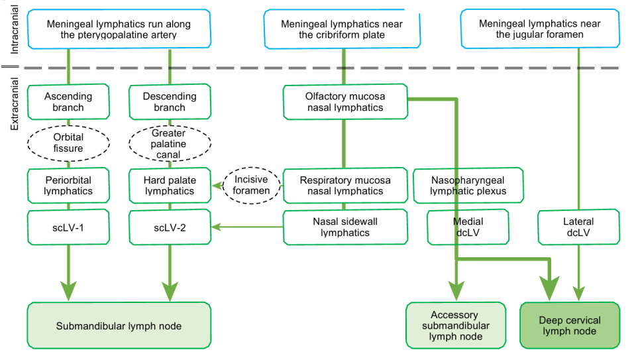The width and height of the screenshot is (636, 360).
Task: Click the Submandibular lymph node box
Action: [119, 326]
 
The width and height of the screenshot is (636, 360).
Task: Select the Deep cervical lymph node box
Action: [568, 326]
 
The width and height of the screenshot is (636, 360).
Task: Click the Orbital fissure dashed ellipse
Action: [68, 143]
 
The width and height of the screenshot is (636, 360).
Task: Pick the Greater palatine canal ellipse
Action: [170, 143]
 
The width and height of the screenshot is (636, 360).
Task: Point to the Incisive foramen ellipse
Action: [252, 185]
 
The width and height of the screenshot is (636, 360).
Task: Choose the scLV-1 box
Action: [68, 227]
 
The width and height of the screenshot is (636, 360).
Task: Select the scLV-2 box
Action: [170, 227]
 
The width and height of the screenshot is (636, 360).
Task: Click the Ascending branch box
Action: [68, 101]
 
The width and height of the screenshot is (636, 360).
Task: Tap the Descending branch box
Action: [170, 101]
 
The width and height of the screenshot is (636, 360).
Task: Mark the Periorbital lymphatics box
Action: [68, 185]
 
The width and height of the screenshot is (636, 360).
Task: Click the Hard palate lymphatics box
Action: [170, 185]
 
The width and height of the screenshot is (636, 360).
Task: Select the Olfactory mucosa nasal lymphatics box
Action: [344, 101]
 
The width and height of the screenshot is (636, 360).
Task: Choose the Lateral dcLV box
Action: [578, 227]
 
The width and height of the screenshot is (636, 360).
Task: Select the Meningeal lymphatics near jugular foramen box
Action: [539, 29]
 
